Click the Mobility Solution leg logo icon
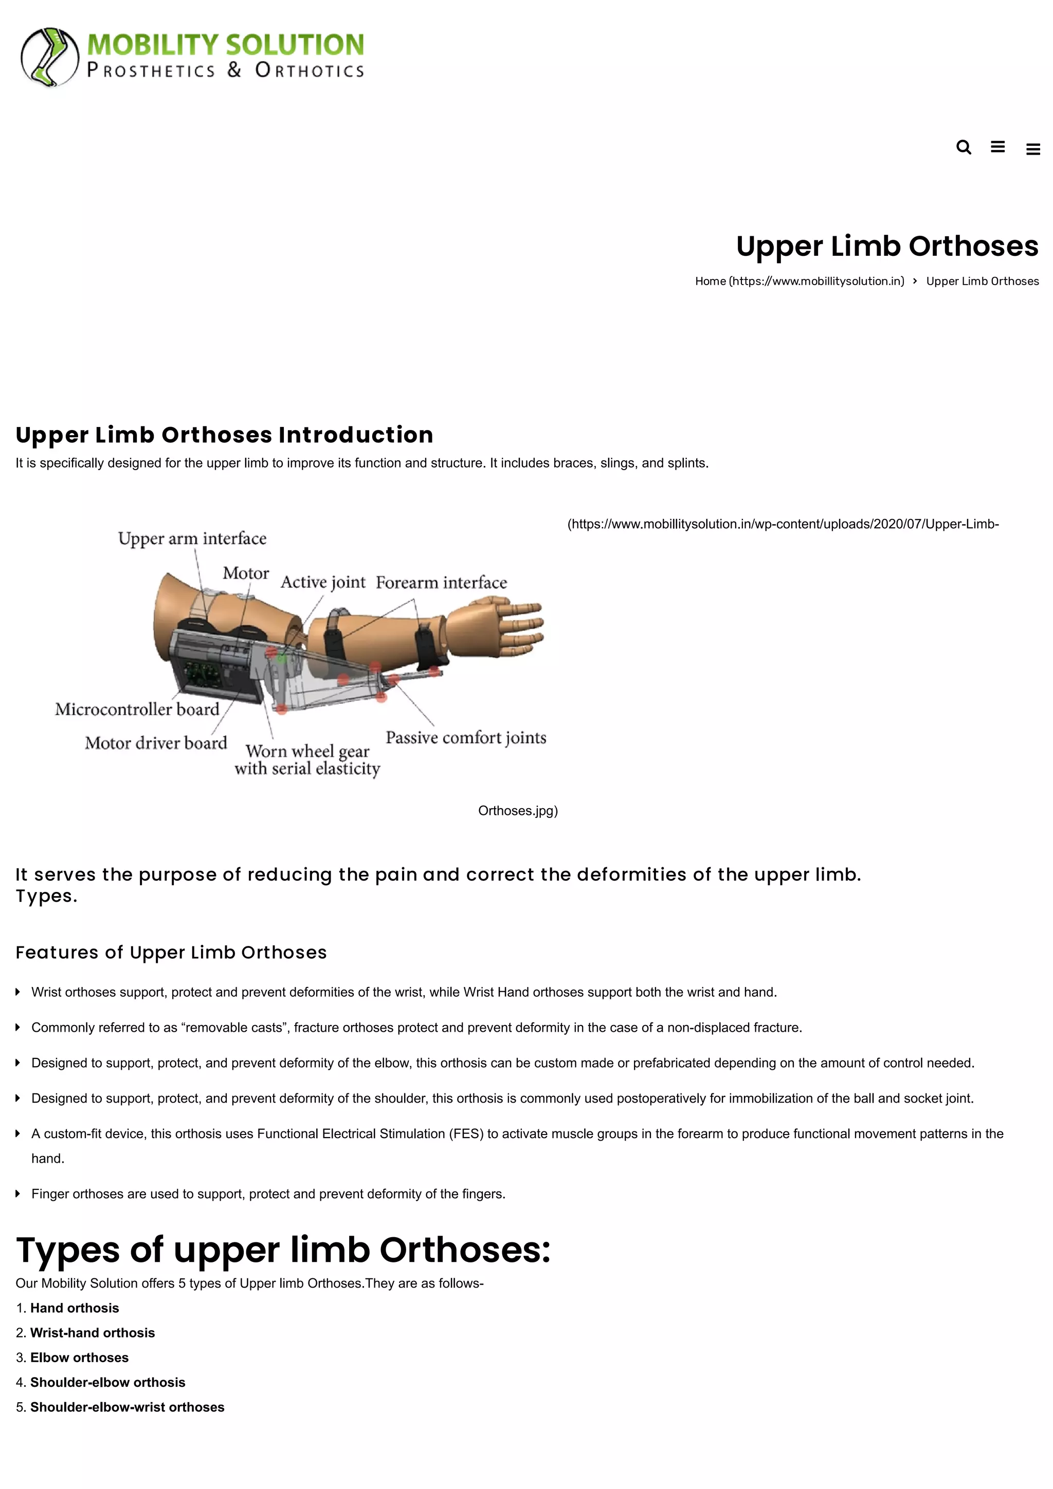(x=49, y=57)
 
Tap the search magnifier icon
(x=964, y=147)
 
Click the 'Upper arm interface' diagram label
(x=192, y=538)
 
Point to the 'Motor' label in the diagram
(x=246, y=573)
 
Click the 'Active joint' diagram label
(x=323, y=582)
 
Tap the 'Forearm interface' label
(x=441, y=582)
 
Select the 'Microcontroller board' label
(x=138, y=709)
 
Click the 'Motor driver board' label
(x=156, y=742)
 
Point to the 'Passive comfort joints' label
(x=466, y=737)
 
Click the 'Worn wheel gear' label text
(x=307, y=751)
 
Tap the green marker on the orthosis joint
(x=282, y=659)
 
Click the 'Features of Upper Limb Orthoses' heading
(x=171, y=952)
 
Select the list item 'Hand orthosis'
(x=75, y=1308)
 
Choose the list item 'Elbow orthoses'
(x=79, y=1357)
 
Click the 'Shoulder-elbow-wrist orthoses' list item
(x=127, y=1407)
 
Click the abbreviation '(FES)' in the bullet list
(x=466, y=1133)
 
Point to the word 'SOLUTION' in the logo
(x=295, y=45)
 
